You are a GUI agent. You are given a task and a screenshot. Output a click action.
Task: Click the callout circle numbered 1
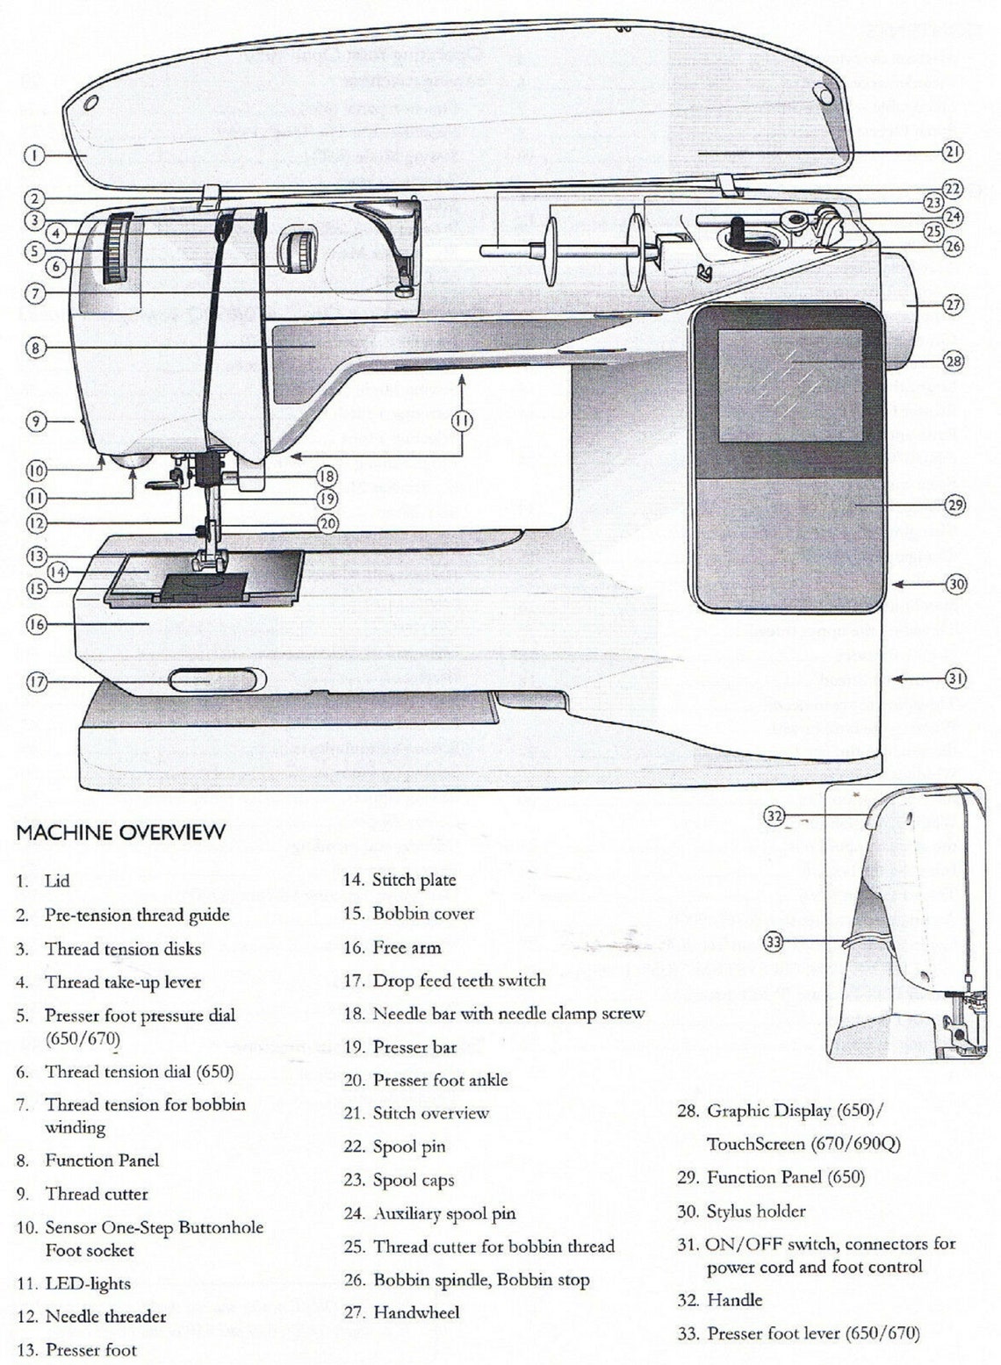tap(33, 156)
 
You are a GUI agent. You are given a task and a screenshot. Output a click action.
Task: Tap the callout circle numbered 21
tap(953, 151)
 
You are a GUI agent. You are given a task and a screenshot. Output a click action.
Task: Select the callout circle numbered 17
tap(36, 682)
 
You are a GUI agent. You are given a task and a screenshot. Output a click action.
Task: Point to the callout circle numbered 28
tap(954, 360)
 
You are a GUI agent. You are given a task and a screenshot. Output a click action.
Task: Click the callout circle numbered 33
tap(773, 942)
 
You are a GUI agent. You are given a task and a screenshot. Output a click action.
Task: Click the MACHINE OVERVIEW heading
tap(121, 832)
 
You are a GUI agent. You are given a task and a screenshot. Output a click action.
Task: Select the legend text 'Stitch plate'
tap(414, 880)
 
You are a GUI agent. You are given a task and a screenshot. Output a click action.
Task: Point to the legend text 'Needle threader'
tap(105, 1316)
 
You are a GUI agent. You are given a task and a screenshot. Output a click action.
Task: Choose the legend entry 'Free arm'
tap(407, 947)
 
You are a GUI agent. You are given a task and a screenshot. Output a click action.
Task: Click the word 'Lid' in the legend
tap(57, 880)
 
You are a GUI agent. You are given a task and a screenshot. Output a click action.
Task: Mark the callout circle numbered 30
tap(956, 584)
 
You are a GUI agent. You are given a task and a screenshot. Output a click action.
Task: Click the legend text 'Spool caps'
tap(413, 1180)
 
